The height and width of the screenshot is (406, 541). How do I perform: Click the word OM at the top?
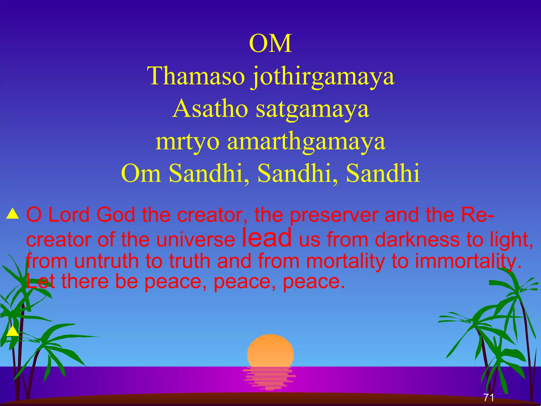pyautogui.click(x=270, y=44)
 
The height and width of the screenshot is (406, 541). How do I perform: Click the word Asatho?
pyautogui.click(x=210, y=109)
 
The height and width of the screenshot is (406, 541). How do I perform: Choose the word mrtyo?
pyautogui.click(x=187, y=142)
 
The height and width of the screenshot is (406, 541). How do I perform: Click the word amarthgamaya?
pyautogui.click(x=306, y=142)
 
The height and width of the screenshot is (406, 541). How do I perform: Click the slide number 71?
pyautogui.click(x=489, y=397)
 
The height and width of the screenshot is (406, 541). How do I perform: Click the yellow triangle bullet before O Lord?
pyautogui.click(x=13, y=214)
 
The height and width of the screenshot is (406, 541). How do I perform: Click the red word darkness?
pyautogui.click(x=417, y=239)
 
